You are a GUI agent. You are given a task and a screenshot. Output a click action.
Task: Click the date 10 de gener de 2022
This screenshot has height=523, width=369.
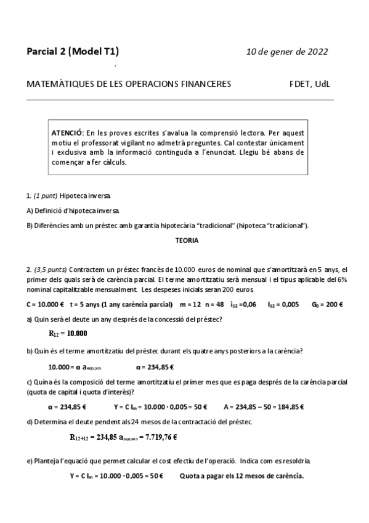(286, 51)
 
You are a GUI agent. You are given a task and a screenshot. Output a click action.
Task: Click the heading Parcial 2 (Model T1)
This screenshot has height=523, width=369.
(73, 51)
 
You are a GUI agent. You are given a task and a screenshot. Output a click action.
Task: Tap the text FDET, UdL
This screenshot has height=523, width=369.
(314, 84)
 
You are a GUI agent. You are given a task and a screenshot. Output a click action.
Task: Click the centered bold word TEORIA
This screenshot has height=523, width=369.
(187, 241)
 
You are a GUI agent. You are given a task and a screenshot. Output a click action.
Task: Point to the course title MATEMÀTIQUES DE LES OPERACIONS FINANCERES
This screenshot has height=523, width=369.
(129, 84)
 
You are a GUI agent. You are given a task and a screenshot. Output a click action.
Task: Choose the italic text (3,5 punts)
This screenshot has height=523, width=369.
(51, 270)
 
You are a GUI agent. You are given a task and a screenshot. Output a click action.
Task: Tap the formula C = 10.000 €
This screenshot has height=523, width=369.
(45, 304)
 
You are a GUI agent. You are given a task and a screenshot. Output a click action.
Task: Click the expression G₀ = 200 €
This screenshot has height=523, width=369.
(328, 304)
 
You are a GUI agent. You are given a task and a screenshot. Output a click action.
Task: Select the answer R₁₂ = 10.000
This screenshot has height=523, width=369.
(67, 334)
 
